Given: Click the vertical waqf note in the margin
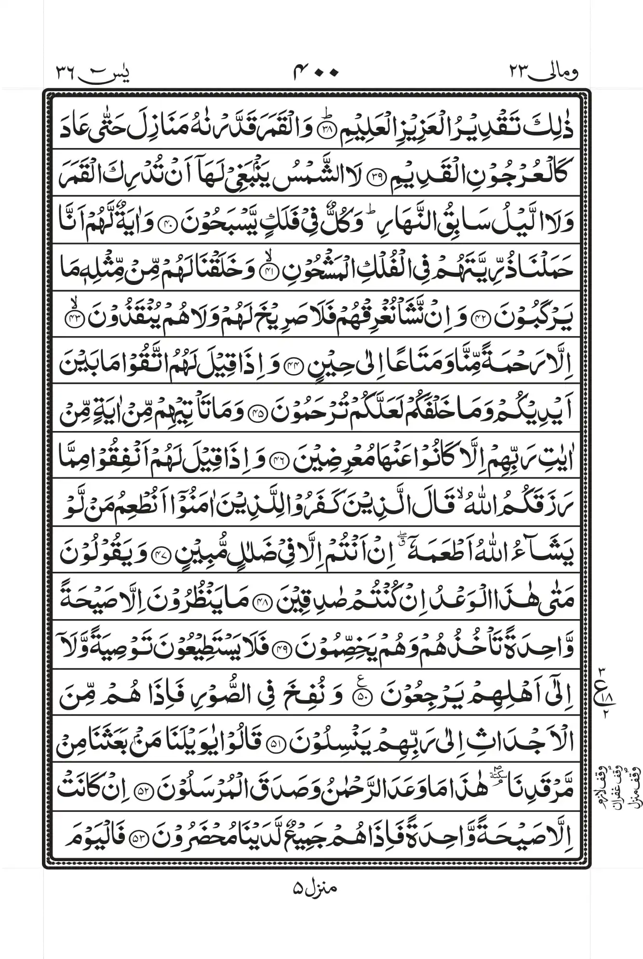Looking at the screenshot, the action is tap(620, 791).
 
